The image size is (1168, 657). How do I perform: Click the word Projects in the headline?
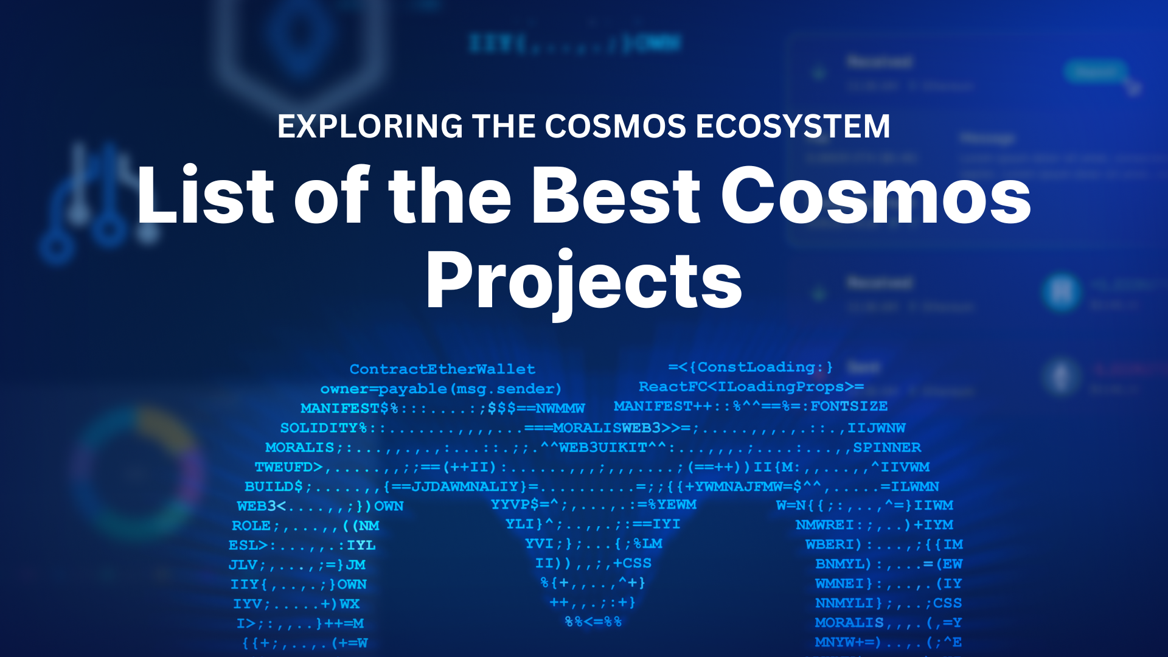coord(584,281)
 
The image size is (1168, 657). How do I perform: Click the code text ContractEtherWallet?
coord(442,369)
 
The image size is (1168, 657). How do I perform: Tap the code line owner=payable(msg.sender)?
coord(440,389)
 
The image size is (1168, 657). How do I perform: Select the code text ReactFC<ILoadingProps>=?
coord(751,387)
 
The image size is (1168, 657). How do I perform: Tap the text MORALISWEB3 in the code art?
coord(607,428)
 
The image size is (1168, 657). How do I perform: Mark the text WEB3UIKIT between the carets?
coord(603,448)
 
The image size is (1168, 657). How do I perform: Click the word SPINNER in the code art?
coord(886,448)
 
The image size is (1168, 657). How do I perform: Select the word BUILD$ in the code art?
coord(273,487)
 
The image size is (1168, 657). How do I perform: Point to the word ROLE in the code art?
coord(251,526)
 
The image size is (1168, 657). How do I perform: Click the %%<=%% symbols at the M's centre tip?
coord(593,622)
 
